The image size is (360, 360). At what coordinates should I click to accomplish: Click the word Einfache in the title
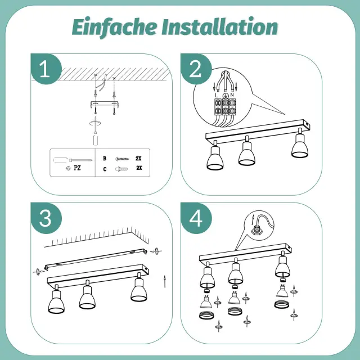click(x=114, y=27)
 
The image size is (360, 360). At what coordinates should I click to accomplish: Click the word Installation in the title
click(x=220, y=26)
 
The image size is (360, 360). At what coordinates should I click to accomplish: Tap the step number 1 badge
click(x=45, y=69)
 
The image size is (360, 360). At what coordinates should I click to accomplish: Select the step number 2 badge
click(x=195, y=69)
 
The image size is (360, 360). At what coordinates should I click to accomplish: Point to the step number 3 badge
click(x=46, y=218)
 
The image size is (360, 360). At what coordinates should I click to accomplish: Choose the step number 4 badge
click(x=196, y=218)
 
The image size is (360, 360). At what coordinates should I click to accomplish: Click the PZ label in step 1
click(x=78, y=168)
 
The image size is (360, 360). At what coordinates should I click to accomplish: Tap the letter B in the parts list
click(x=105, y=159)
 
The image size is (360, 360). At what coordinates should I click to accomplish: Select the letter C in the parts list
click(x=105, y=169)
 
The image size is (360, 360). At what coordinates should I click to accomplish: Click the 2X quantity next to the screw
click(x=138, y=159)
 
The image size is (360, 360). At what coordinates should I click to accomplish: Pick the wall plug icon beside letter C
click(x=121, y=169)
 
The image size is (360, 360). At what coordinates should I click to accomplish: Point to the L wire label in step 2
click(x=217, y=95)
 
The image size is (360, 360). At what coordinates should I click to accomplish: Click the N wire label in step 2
click(x=232, y=94)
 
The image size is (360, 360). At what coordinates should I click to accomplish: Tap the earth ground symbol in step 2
click(x=226, y=95)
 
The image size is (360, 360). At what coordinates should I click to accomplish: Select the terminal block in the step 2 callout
click(x=225, y=107)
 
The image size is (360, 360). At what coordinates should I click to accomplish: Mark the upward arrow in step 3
click(x=165, y=281)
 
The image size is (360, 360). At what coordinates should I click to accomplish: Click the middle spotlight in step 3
click(x=87, y=295)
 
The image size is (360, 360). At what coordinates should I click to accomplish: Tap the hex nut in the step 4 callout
click(x=256, y=230)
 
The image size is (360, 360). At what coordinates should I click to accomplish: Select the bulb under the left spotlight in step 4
click(x=206, y=301)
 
